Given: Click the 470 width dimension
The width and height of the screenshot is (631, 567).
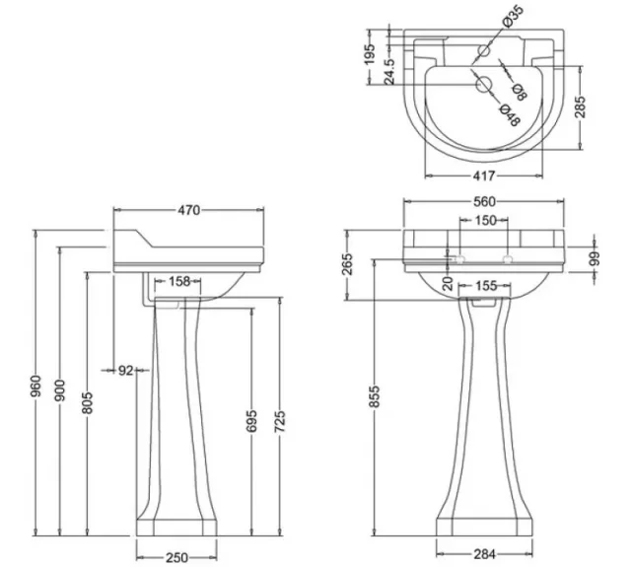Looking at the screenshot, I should click(189, 210).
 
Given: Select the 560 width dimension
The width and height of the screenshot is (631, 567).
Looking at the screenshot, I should click(485, 202).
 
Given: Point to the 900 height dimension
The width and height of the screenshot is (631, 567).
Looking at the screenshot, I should click(61, 391).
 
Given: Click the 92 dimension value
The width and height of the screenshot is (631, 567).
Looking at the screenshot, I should click(125, 370).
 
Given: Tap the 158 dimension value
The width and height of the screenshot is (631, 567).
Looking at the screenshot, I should click(179, 282).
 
